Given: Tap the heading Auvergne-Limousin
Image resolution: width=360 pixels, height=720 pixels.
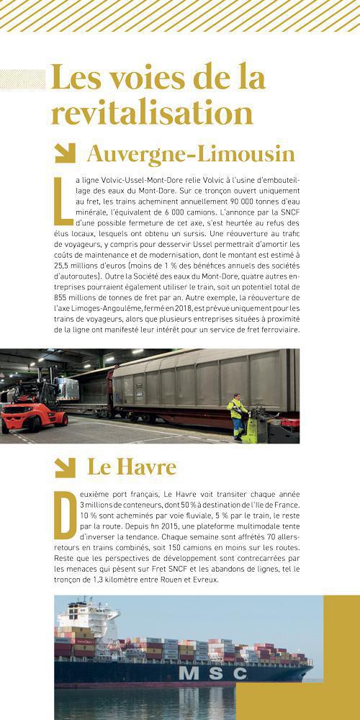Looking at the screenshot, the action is [x=191, y=153].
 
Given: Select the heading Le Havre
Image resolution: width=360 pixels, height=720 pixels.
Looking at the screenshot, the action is [x=132, y=467].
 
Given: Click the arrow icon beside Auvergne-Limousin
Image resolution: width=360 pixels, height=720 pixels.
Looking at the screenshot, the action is [x=65, y=153].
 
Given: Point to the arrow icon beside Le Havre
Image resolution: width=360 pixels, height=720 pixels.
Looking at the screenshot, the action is [x=65, y=467].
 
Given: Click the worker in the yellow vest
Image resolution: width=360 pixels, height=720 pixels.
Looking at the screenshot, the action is [x=236, y=413].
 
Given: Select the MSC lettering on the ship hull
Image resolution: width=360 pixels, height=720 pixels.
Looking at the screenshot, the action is [x=213, y=672].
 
